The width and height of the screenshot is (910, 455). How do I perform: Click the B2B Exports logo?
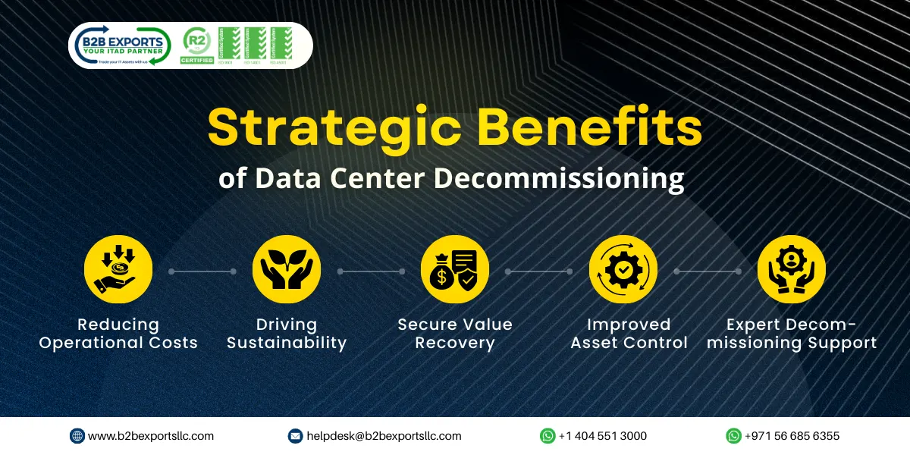click(121, 45)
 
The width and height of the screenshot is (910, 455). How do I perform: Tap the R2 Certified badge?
click(196, 45)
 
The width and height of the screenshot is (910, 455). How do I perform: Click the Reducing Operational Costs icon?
click(118, 269)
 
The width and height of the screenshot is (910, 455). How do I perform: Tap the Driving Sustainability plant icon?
click(287, 269)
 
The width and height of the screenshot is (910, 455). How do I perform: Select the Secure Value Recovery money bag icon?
click(455, 269)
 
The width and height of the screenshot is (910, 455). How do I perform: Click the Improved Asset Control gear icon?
click(623, 269)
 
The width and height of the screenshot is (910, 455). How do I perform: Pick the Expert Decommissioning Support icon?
click(792, 269)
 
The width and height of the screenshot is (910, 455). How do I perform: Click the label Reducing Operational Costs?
click(118, 334)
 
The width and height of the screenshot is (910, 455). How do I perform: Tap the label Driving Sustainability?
click(287, 334)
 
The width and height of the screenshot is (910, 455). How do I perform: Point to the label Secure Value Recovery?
click(455, 334)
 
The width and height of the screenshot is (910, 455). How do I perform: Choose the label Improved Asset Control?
click(629, 334)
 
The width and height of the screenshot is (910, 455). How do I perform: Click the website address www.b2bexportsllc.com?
click(151, 436)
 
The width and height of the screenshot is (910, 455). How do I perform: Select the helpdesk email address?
click(384, 436)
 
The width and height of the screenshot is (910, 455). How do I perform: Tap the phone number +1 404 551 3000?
click(603, 436)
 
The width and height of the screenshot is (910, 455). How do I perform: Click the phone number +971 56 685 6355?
click(792, 436)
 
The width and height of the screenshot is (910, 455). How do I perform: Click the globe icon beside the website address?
click(77, 436)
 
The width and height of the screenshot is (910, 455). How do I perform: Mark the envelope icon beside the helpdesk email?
click(296, 436)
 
